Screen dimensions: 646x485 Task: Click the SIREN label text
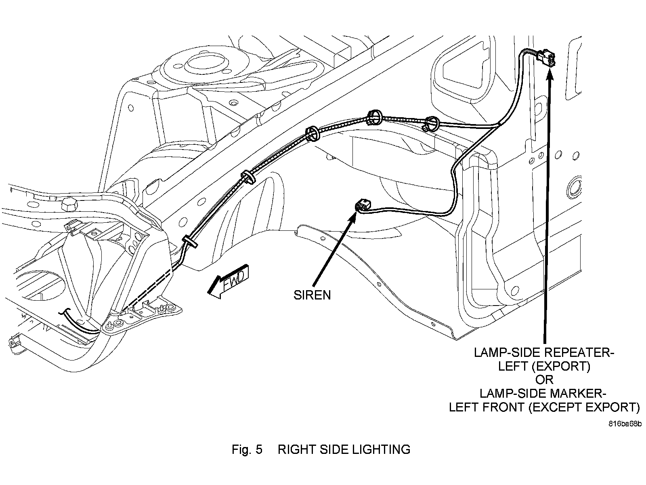(x=312, y=295)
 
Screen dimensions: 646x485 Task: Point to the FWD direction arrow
(x=228, y=282)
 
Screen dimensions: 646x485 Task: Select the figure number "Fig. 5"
(x=247, y=449)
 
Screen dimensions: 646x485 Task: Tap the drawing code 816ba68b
(x=625, y=424)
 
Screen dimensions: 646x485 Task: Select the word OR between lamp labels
(x=545, y=380)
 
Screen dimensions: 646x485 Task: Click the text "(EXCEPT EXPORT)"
(x=584, y=407)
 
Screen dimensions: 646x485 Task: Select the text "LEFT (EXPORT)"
(x=544, y=366)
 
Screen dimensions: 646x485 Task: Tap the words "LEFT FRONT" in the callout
(x=487, y=407)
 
